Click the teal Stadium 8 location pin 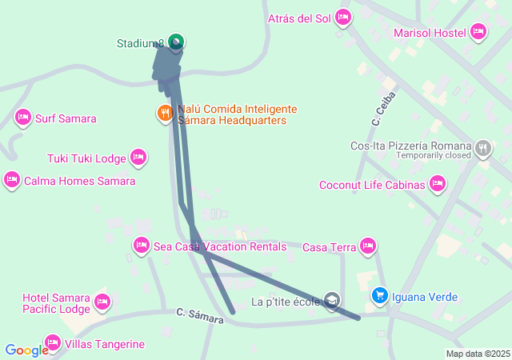[x=176, y=42]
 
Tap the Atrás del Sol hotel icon [x=343, y=17]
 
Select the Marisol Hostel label [x=430, y=32]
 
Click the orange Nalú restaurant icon [x=165, y=113]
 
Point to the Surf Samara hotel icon [x=23, y=118]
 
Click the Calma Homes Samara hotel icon [x=12, y=181]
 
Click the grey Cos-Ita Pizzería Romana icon [x=483, y=147]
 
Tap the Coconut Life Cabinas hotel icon [x=437, y=185]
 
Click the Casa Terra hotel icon [x=368, y=246]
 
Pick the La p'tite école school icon [x=332, y=301]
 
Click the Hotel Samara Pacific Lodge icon [x=102, y=302]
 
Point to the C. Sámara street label [x=201, y=314]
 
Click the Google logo [x=26, y=350]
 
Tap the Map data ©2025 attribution [x=478, y=354]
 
